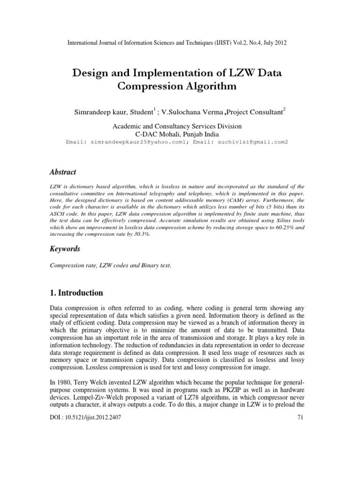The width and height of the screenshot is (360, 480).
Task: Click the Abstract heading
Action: click(x=63, y=172)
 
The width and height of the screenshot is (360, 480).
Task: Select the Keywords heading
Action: click(x=65, y=249)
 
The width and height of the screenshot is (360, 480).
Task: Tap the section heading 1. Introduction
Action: click(x=76, y=293)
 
